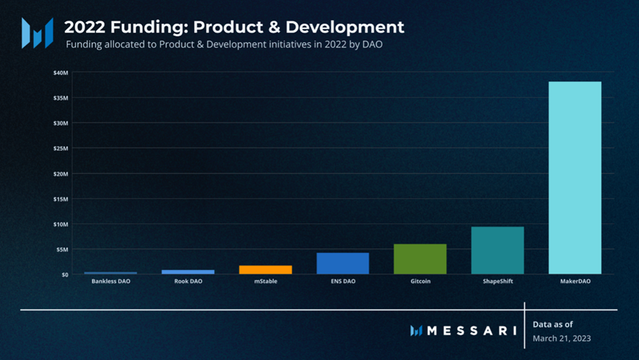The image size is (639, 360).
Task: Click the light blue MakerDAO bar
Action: click(575, 177)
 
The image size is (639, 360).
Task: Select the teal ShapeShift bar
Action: click(497, 251)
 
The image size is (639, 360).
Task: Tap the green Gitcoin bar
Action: click(420, 259)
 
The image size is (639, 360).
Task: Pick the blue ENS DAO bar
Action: click(342, 263)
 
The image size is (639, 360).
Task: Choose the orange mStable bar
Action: click(265, 270)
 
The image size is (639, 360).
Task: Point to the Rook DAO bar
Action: click(188, 272)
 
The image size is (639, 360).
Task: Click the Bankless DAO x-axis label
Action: click(110, 282)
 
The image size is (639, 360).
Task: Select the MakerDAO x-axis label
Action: click(575, 282)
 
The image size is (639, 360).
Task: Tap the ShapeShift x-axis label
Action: click(497, 282)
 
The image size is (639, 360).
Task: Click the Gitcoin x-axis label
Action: click(420, 282)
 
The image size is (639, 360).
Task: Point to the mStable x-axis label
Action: click(265, 282)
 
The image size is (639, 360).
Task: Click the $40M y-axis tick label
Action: click(61, 72)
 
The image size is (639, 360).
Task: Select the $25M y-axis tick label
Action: click(61, 149)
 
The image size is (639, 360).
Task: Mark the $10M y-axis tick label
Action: click(61, 224)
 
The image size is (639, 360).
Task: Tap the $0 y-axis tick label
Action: click(64, 274)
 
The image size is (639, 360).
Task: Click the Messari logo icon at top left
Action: click(37, 33)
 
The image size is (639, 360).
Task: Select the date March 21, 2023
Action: click(561, 339)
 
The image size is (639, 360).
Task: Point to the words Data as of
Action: click(553, 324)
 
